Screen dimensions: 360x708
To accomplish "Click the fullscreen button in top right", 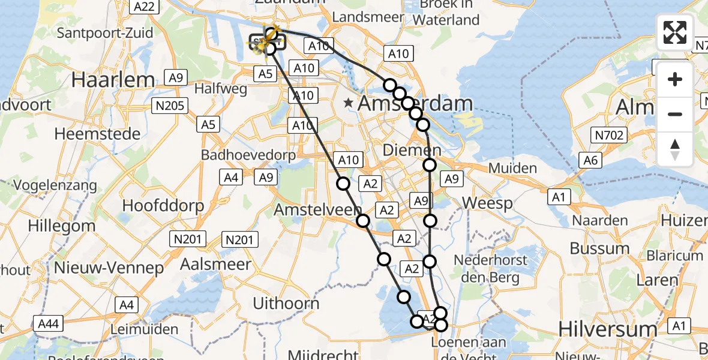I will click(x=675, y=32).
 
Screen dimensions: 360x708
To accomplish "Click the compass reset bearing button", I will click(x=675, y=149).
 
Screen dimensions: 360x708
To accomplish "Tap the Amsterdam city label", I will click(x=415, y=103).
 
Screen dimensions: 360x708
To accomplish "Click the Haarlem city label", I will click(x=113, y=79).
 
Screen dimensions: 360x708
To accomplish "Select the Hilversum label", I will click(x=607, y=329).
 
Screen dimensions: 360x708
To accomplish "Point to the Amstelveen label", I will click(x=317, y=210).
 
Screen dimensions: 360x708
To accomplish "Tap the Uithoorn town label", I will click(x=286, y=303).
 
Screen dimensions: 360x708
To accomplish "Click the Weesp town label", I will click(x=488, y=203).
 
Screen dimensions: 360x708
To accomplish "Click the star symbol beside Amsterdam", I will click(x=349, y=103).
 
